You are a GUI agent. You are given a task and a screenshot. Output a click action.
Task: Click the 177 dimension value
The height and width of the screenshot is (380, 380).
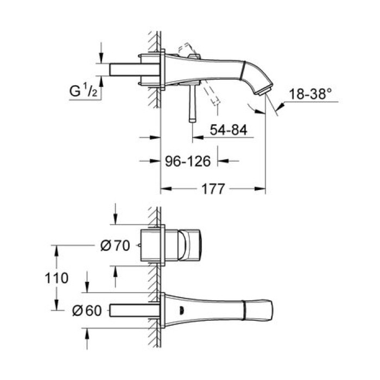click(x=213, y=189)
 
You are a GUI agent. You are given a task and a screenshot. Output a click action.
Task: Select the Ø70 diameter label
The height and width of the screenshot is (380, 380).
click(x=115, y=245)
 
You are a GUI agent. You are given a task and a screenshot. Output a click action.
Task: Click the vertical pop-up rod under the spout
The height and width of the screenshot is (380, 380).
click(x=191, y=106)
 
